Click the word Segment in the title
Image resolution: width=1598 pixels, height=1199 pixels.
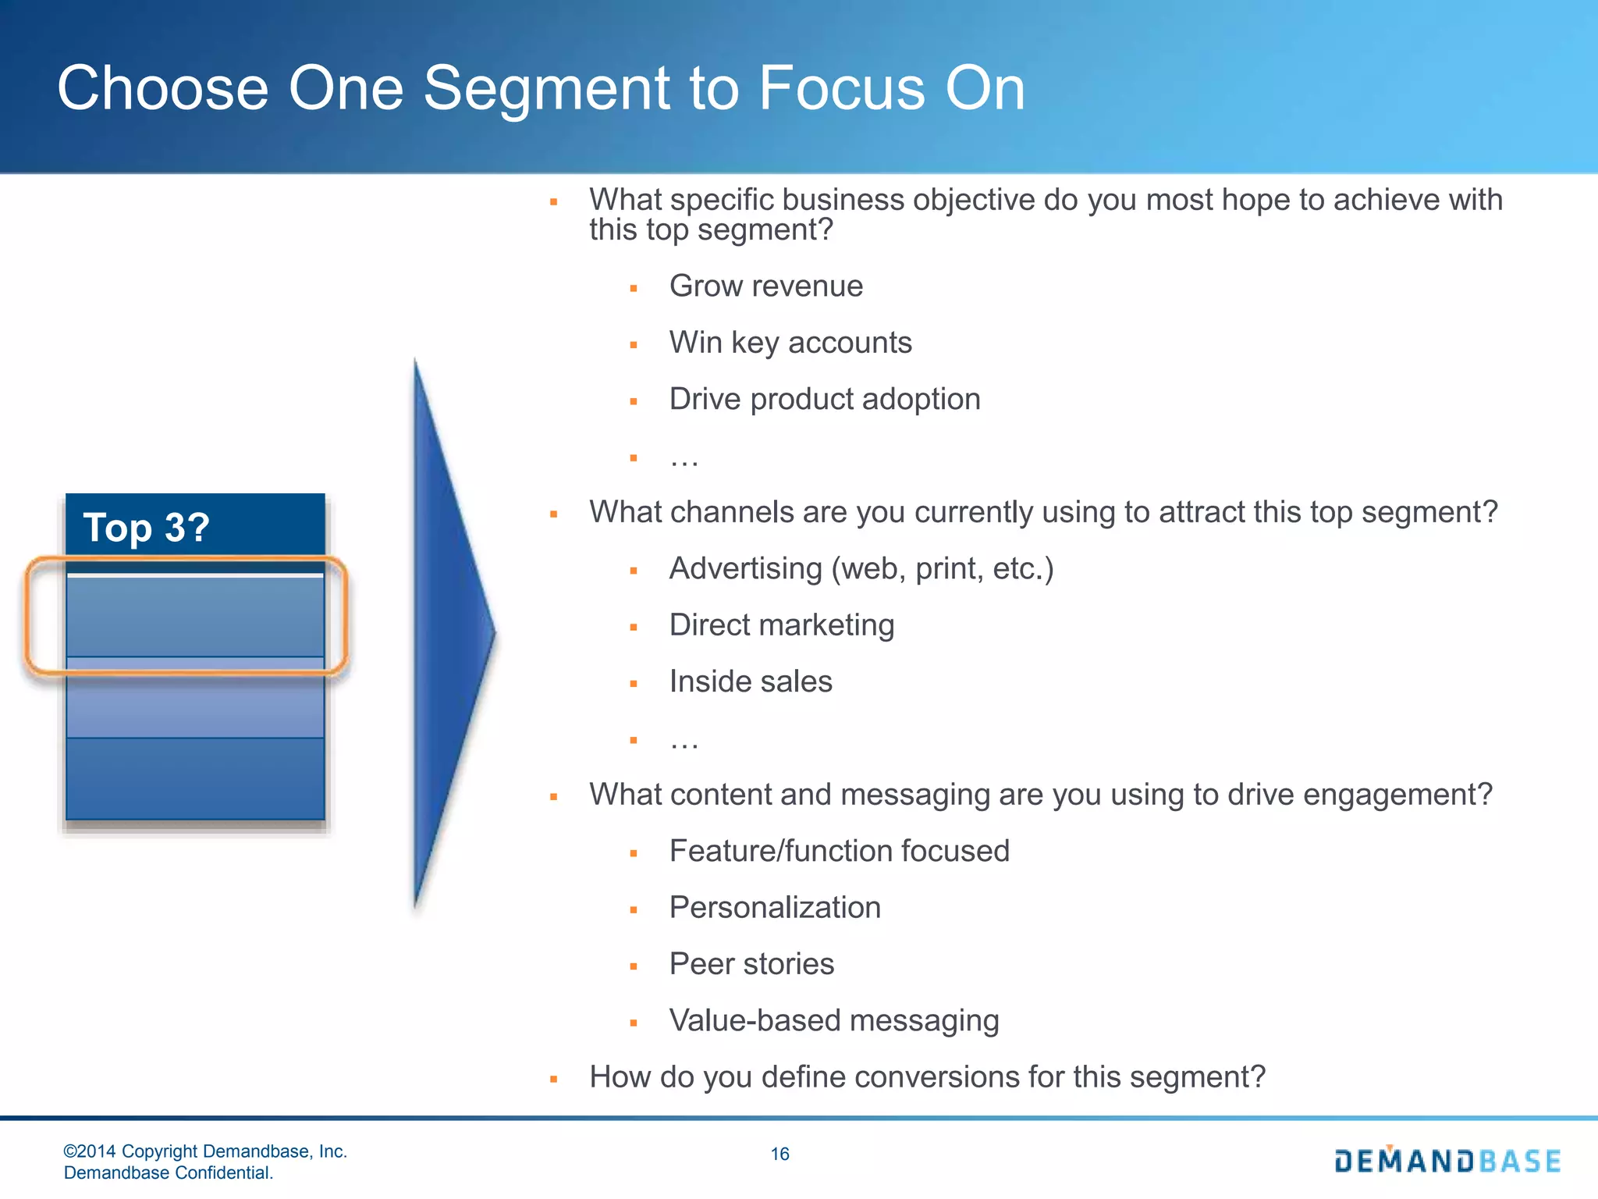click(x=546, y=89)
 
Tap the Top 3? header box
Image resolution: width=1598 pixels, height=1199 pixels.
click(x=195, y=526)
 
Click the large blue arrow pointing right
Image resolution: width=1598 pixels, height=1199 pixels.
click(x=449, y=632)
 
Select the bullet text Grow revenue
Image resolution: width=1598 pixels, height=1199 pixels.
click(x=765, y=286)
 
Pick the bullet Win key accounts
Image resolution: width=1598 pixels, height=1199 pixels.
click(x=790, y=343)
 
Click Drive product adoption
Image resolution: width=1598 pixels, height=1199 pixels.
click(x=824, y=400)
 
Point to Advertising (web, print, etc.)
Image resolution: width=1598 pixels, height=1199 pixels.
click(x=861, y=569)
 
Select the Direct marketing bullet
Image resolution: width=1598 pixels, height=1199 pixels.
click(x=781, y=625)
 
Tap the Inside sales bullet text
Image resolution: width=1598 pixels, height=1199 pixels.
click(x=750, y=681)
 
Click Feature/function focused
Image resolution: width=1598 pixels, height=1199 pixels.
click(x=839, y=851)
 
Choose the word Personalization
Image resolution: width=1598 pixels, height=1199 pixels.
click(x=774, y=908)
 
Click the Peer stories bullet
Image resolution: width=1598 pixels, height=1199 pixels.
click(x=751, y=964)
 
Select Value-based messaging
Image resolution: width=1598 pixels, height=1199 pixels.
click(x=833, y=1021)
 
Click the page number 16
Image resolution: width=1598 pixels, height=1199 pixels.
click(x=779, y=1154)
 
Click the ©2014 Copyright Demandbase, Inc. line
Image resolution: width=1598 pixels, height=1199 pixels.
click(x=204, y=1151)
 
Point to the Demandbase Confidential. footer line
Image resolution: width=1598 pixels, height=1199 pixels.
click(x=168, y=1172)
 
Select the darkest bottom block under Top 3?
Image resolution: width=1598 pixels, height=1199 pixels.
click(x=195, y=778)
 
